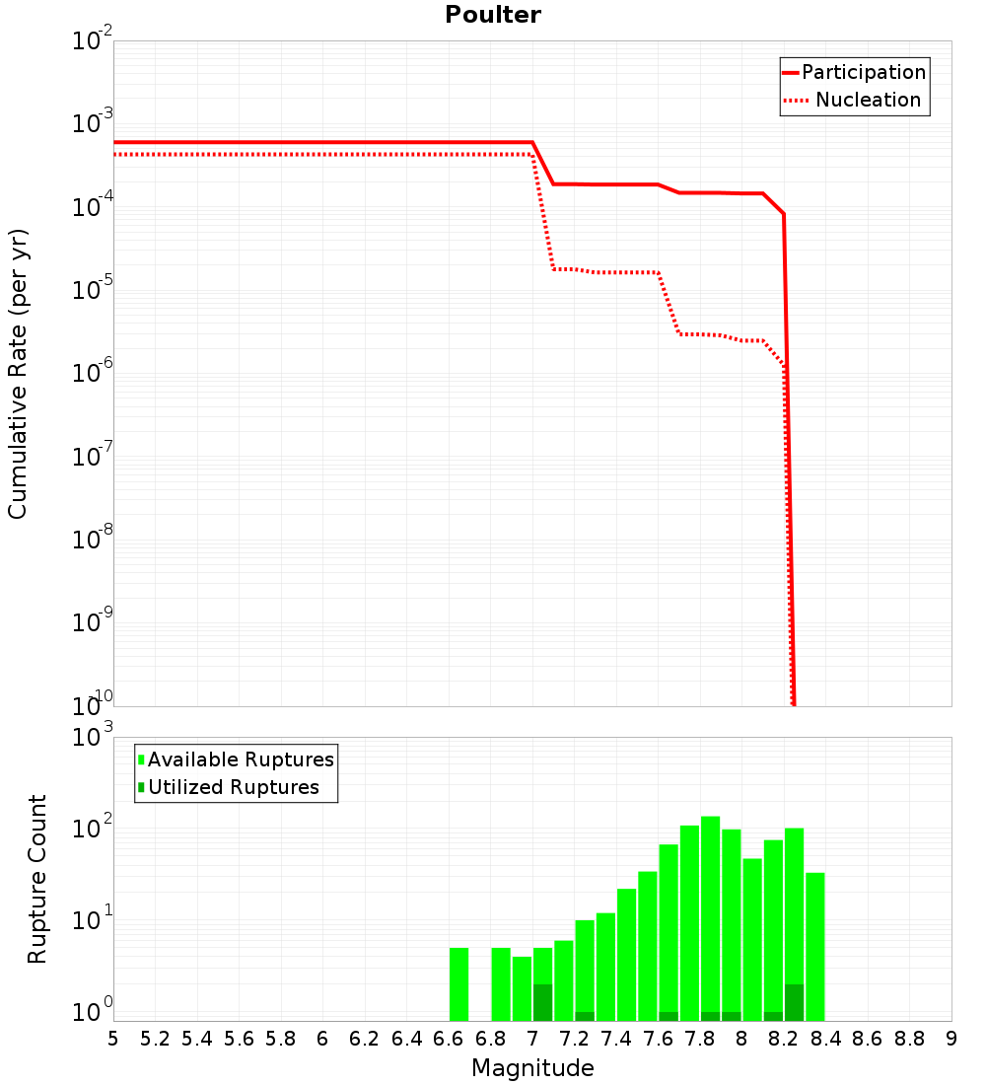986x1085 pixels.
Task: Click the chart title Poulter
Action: [x=493, y=15]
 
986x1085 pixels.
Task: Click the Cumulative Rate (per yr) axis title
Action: [x=18, y=373]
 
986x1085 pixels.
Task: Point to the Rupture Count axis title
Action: [x=37, y=879]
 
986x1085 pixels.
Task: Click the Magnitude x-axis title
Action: [x=532, y=1068]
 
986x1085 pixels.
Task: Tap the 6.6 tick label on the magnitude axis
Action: [x=449, y=1039]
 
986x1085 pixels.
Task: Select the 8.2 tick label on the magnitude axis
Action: [x=784, y=1039]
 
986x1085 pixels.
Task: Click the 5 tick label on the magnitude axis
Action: [x=113, y=1039]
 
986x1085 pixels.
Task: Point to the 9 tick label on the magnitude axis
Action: [x=951, y=1039]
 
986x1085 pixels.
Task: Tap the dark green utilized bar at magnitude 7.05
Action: [x=542, y=1002]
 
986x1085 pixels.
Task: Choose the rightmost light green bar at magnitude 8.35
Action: [x=814, y=947]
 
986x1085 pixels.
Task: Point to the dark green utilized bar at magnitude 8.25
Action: [x=794, y=1002]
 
